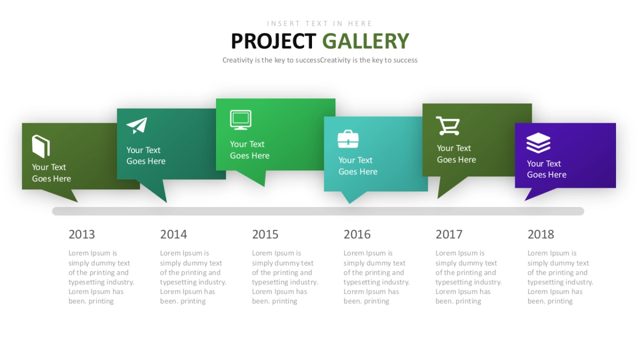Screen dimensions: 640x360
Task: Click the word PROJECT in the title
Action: coord(274,41)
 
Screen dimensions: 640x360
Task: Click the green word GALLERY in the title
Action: coord(366,41)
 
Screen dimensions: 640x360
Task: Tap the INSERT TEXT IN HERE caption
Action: coord(319,23)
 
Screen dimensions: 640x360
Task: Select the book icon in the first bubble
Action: coord(41,146)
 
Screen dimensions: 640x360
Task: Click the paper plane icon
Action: coord(137,125)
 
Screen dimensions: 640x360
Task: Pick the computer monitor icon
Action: coord(241,120)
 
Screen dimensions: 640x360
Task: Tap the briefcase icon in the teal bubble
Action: coord(348,139)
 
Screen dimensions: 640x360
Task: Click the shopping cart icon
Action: coord(448,126)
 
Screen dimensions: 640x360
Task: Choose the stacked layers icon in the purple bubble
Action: coord(538,143)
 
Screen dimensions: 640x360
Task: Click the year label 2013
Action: coord(82,234)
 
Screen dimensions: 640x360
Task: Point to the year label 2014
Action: coord(173,234)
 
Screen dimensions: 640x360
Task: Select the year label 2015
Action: coord(265,234)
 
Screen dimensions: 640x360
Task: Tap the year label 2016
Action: coord(357,234)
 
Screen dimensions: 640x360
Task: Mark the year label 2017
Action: coord(449,234)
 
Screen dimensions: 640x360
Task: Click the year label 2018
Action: coord(541,234)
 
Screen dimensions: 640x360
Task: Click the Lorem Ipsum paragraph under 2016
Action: coord(377,277)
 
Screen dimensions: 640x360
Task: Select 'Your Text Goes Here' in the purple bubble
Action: coord(547,169)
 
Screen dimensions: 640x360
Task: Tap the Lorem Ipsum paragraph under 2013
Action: coord(101,277)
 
